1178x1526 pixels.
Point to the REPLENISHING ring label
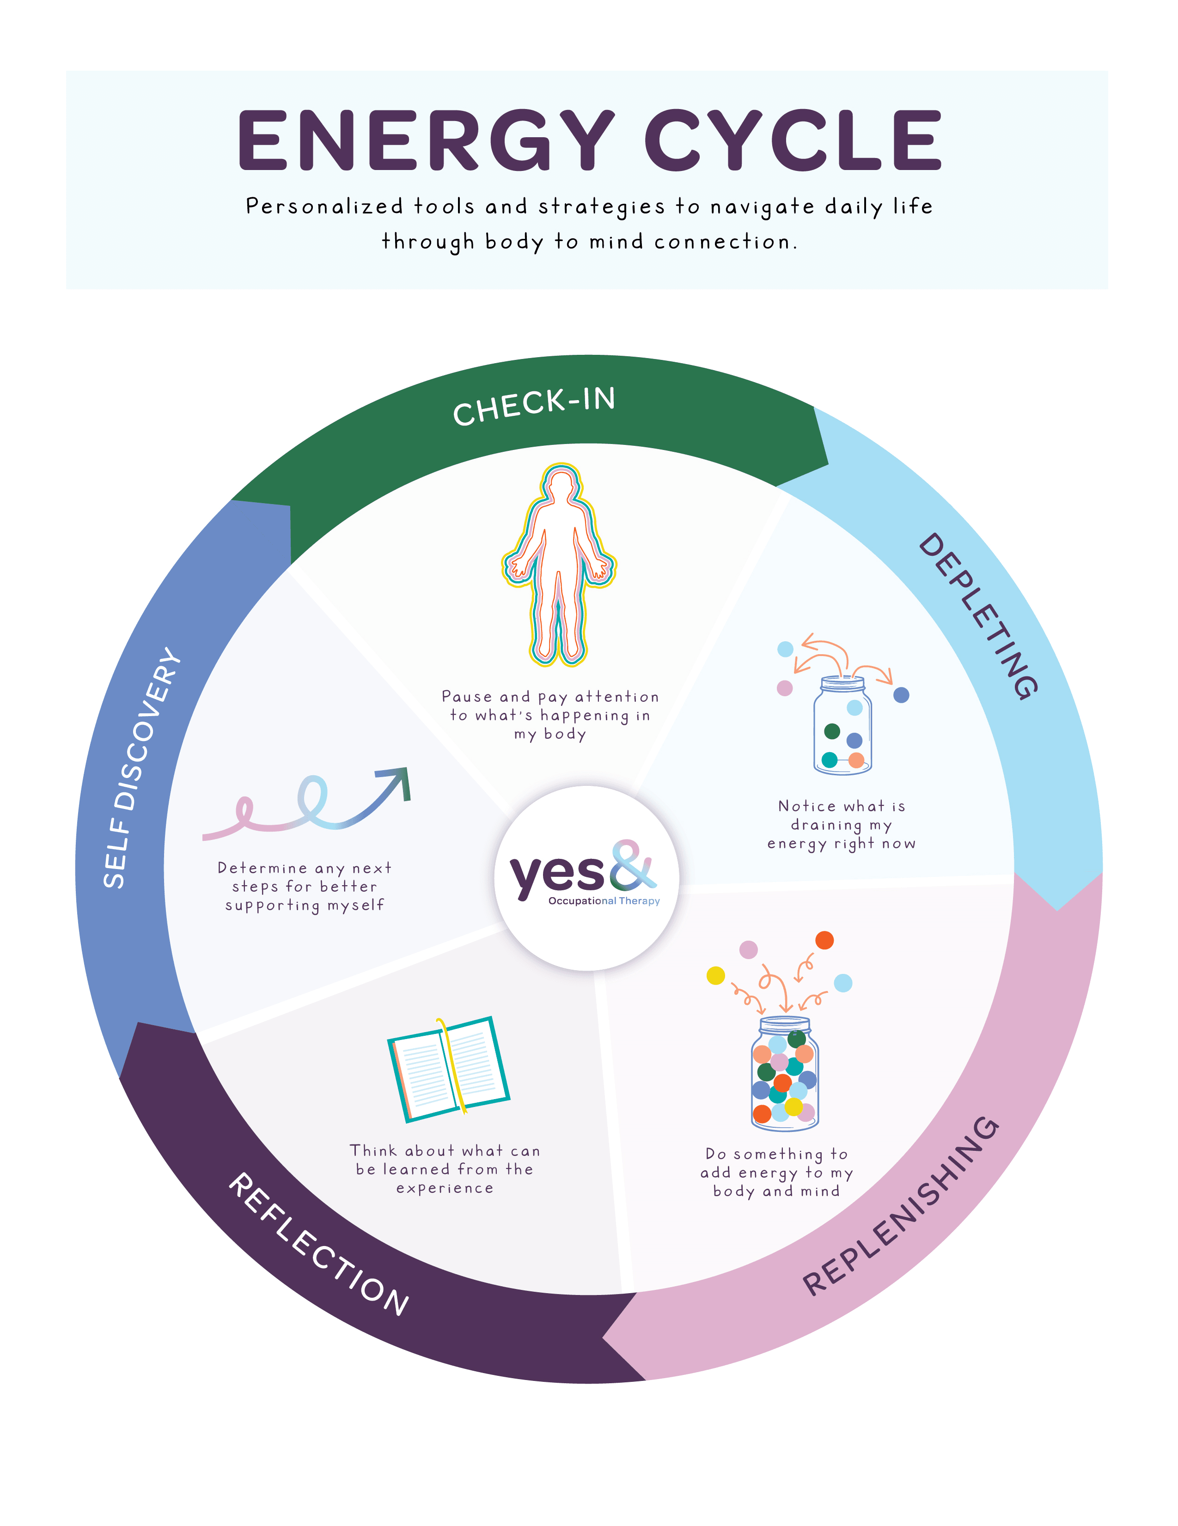902,1206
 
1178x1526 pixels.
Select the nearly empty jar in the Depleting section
842,727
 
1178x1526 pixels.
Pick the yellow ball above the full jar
715,975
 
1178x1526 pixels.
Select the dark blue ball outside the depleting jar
901,694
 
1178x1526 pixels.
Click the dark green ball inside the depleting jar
832,731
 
